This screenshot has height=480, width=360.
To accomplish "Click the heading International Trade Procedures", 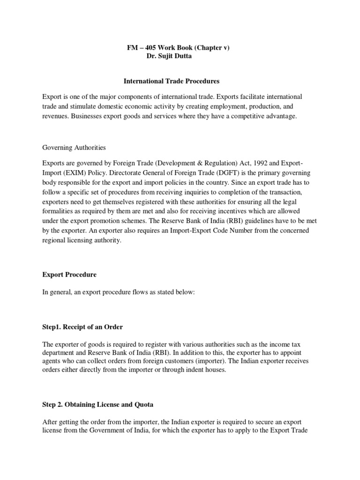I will tap(171, 81).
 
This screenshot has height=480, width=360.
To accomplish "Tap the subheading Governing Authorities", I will tap(74, 148).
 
